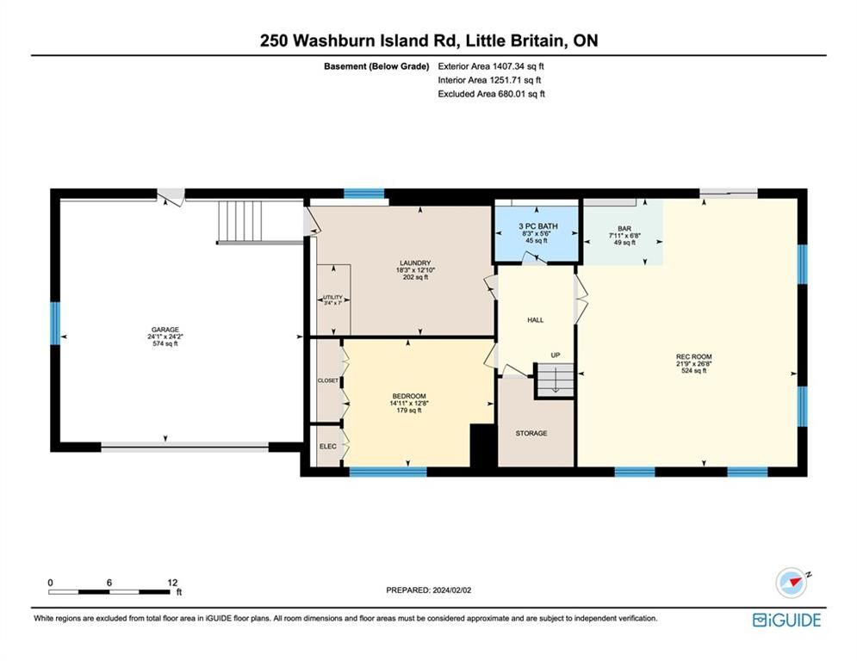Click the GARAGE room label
point(165,330)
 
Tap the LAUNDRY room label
point(415,263)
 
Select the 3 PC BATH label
point(538,226)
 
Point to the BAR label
point(624,229)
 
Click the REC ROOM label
point(694,356)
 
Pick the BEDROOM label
point(409,396)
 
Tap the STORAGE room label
point(531,433)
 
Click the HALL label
point(536,320)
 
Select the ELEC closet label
point(328,447)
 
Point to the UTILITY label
point(332,298)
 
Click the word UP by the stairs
point(556,355)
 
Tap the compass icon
point(792,583)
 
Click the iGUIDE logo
point(787,620)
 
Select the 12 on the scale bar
point(173,583)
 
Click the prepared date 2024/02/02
point(452,590)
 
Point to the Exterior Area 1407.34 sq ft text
point(491,66)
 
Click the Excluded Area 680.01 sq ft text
point(491,94)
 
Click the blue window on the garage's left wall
point(55,323)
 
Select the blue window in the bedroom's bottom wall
point(388,472)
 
